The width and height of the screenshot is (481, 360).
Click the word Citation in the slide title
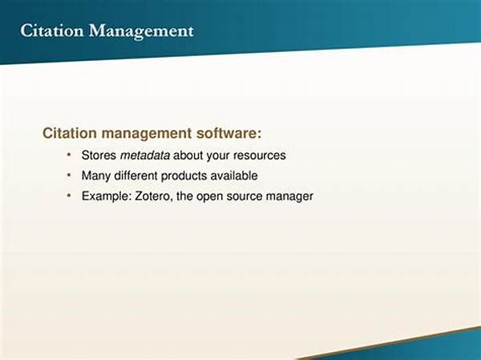tap(51, 30)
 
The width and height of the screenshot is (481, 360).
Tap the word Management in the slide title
tap(141, 32)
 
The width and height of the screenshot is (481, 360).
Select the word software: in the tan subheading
tap(228, 133)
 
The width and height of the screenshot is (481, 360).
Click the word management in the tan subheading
tap(147, 134)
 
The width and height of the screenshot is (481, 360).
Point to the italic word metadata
tap(145, 156)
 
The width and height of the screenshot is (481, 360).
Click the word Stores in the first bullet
tap(99, 156)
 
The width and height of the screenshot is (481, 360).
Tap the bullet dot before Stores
tap(69, 155)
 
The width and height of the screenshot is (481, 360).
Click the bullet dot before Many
tap(69, 175)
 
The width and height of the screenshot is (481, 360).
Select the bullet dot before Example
tap(69, 195)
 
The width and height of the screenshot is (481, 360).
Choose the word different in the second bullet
tap(135, 176)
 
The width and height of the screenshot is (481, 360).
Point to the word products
tap(184, 176)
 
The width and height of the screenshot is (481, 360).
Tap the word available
tap(234, 176)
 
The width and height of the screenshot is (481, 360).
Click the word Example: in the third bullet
tap(107, 196)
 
